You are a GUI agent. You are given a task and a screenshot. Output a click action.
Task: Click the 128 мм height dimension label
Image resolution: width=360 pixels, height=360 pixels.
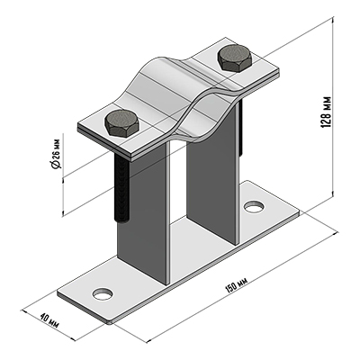point(326,112)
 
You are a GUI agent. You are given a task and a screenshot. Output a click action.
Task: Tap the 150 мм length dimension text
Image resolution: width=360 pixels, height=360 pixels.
point(236,284)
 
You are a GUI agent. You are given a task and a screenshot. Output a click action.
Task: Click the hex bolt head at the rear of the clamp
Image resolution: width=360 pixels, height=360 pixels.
point(235,58)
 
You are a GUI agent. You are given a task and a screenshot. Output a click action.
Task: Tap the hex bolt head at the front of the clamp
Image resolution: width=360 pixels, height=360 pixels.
point(121,123)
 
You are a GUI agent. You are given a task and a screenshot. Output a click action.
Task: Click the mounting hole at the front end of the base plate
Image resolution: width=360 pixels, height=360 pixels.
point(103,294)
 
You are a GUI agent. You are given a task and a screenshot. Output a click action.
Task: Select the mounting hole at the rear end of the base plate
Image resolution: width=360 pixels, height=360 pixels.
point(255,206)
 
